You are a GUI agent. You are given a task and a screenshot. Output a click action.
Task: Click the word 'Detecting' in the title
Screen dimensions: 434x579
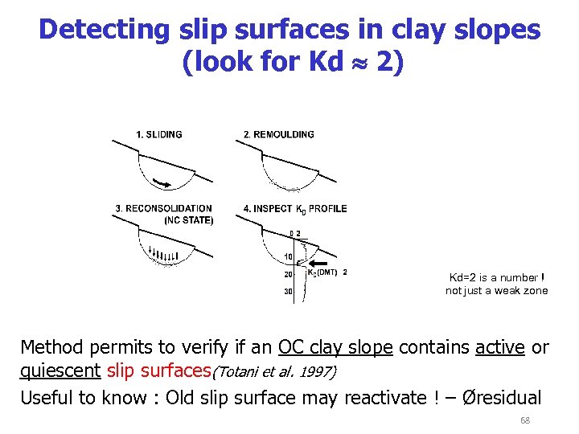click(x=104, y=30)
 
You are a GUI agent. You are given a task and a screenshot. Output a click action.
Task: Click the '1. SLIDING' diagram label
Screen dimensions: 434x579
click(x=159, y=134)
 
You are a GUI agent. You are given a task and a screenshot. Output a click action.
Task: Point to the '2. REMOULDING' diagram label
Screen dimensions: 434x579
click(x=279, y=134)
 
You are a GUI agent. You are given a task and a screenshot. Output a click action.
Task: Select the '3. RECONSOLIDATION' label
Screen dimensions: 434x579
click(x=163, y=208)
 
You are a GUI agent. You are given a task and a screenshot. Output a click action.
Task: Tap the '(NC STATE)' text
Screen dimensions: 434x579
click(x=189, y=219)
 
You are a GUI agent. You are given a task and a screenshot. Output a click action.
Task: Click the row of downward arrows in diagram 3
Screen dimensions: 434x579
click(x=163, y=255)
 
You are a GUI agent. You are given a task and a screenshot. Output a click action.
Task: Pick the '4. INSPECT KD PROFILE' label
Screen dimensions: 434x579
click(x=295, y=209)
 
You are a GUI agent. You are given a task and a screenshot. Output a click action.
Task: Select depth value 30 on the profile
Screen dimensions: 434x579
click(x=287, y=291)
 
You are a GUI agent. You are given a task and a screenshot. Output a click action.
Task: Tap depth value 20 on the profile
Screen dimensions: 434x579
click(x=287, y=274)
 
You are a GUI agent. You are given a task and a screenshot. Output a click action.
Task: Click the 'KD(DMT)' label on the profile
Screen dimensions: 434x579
click(x=322, y=272)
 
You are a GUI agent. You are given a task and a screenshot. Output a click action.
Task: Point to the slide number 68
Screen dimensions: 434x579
click(x=525, y=420)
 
